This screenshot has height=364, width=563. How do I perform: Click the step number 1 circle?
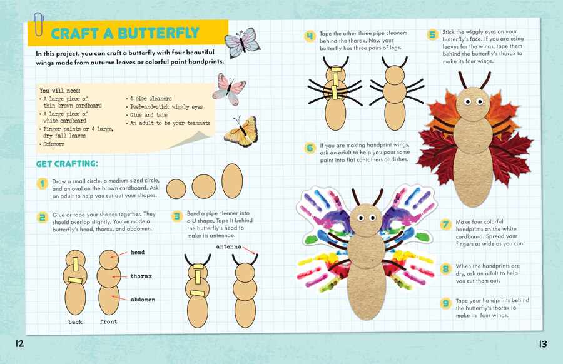(43, 183)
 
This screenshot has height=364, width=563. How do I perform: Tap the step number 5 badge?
(433, 34)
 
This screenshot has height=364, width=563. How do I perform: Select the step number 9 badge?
(445, 303)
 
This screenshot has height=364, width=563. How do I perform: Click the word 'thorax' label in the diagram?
(141, 276)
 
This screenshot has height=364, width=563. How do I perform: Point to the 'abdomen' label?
(143, 300)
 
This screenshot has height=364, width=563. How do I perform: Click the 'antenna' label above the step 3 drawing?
(229, 246)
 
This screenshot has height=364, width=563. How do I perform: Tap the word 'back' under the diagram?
(76, 322)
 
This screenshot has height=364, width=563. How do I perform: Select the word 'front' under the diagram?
(108, 321)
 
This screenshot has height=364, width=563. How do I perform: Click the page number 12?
(19, 344)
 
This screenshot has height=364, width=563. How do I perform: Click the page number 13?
(543, 344)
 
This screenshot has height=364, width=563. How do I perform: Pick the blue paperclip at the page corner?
(38, 24)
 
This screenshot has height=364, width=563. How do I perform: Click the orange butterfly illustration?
(241, 132)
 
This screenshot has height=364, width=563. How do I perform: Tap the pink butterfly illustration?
(229, 89)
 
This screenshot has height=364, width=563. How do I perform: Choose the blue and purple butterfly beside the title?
(242, 43)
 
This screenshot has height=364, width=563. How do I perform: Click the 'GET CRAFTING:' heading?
(67, 164)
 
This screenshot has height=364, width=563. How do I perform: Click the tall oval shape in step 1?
(232, 181)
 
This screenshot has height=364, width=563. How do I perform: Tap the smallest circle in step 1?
(176, 189)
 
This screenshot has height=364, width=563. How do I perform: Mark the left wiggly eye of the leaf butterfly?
(468, 102)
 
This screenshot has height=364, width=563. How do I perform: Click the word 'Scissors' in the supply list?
(54, 144)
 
